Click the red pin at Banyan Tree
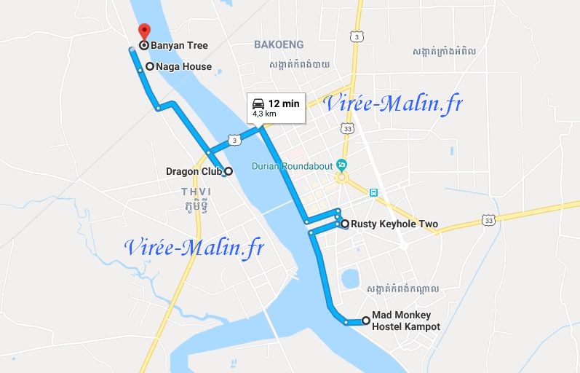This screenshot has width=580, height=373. tap(143, 31)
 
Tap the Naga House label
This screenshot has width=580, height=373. tap(183, 66)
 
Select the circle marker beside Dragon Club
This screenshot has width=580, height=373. tap(228, 171)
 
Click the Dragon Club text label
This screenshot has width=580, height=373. tap(194, 172)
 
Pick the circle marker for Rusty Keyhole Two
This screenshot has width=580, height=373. tap(344, 224)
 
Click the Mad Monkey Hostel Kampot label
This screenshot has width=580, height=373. tap(405, 321)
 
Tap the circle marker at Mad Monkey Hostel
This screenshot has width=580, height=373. tap(365, 321)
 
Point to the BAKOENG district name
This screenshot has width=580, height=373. tap(278, 45)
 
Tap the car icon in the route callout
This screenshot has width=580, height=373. tap(258, 103)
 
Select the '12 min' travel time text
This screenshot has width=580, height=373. tap(284, 103)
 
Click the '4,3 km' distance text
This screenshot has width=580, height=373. tap(264, 114)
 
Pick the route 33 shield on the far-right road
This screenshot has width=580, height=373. tap(488, 220)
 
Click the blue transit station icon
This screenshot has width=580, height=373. tap(373, 193)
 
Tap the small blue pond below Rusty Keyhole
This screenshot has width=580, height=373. tap(351, 278)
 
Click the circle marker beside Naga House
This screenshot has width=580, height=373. tap(150, 66)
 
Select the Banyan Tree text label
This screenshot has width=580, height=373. tap(179, 45)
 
